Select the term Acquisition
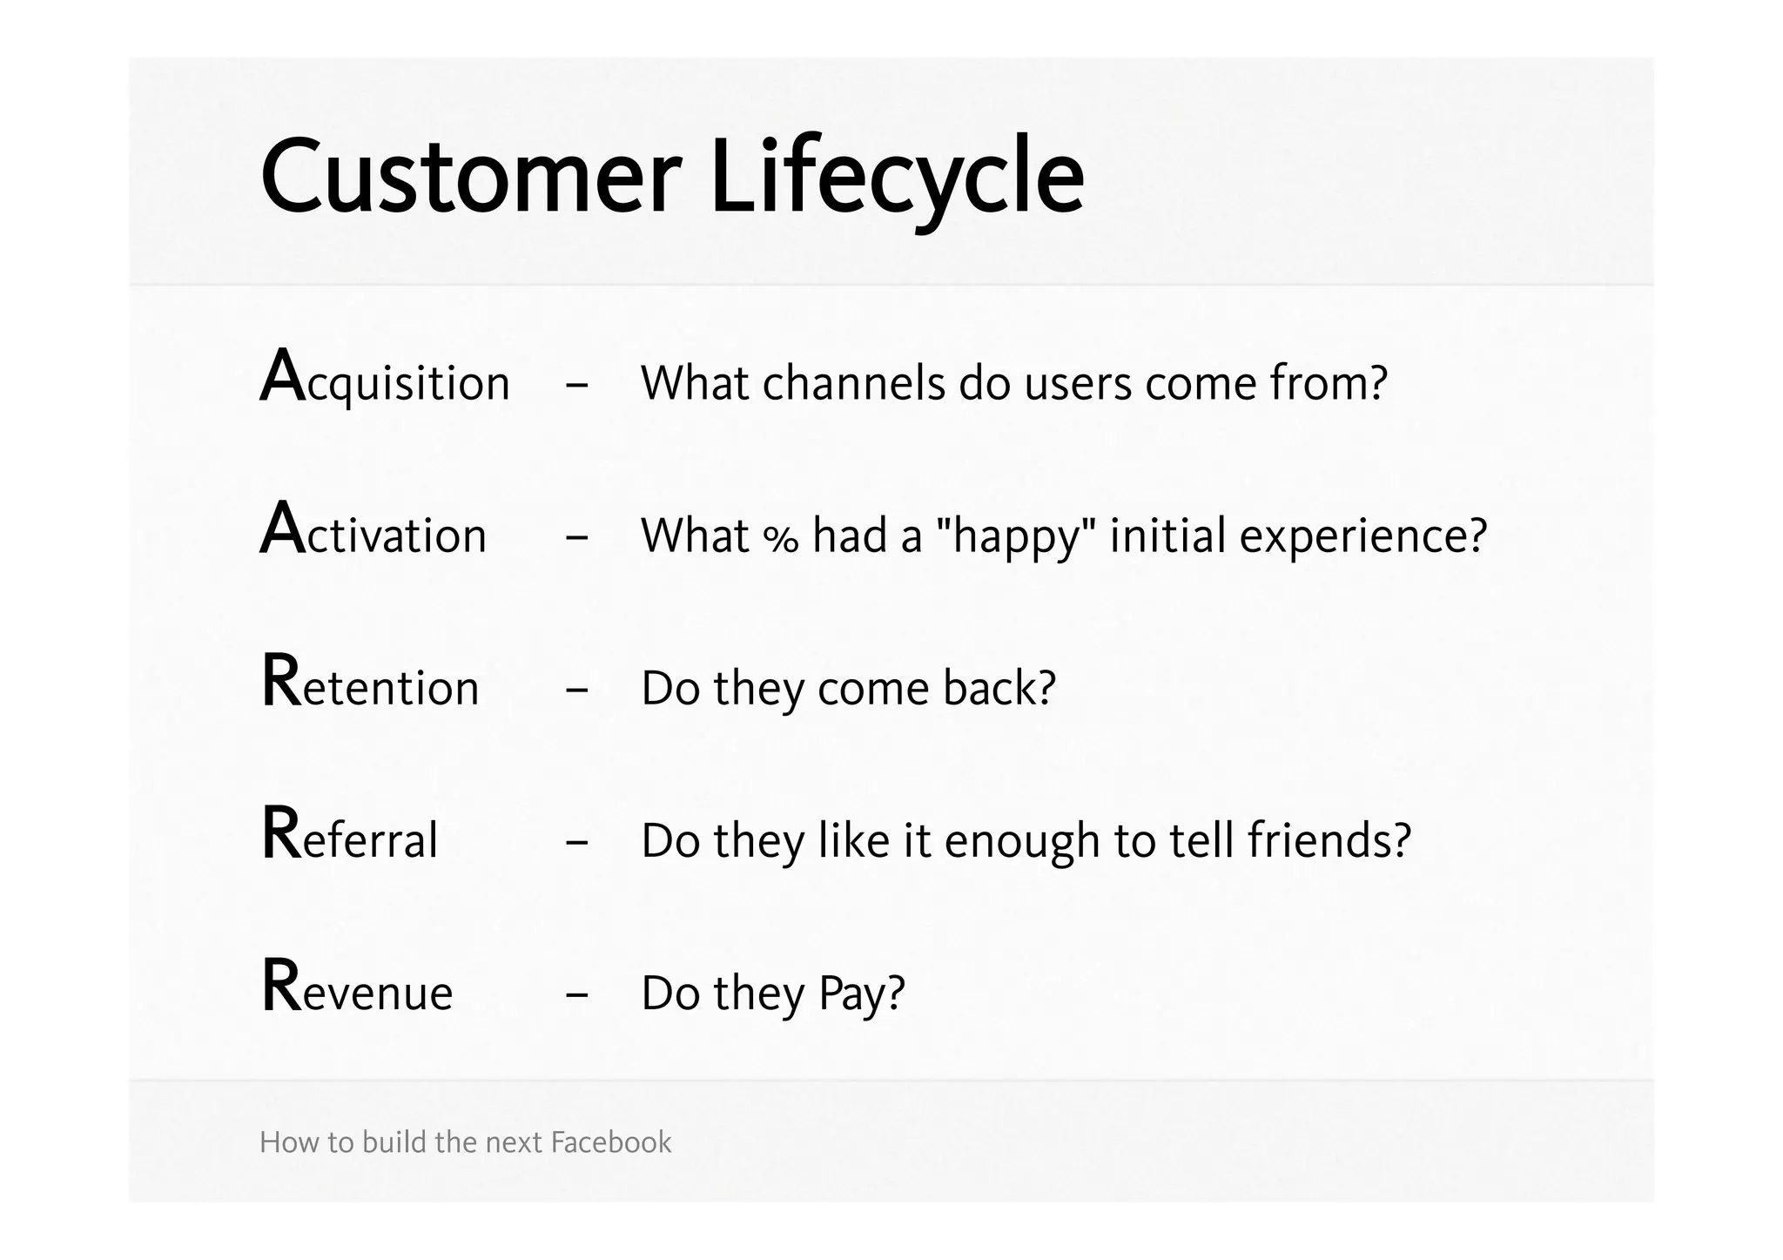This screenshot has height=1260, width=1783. (385, 381)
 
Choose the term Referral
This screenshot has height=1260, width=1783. (349, 839)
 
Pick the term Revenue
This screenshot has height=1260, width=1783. (357, 991)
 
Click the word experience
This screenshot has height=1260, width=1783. (1362, 536)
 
